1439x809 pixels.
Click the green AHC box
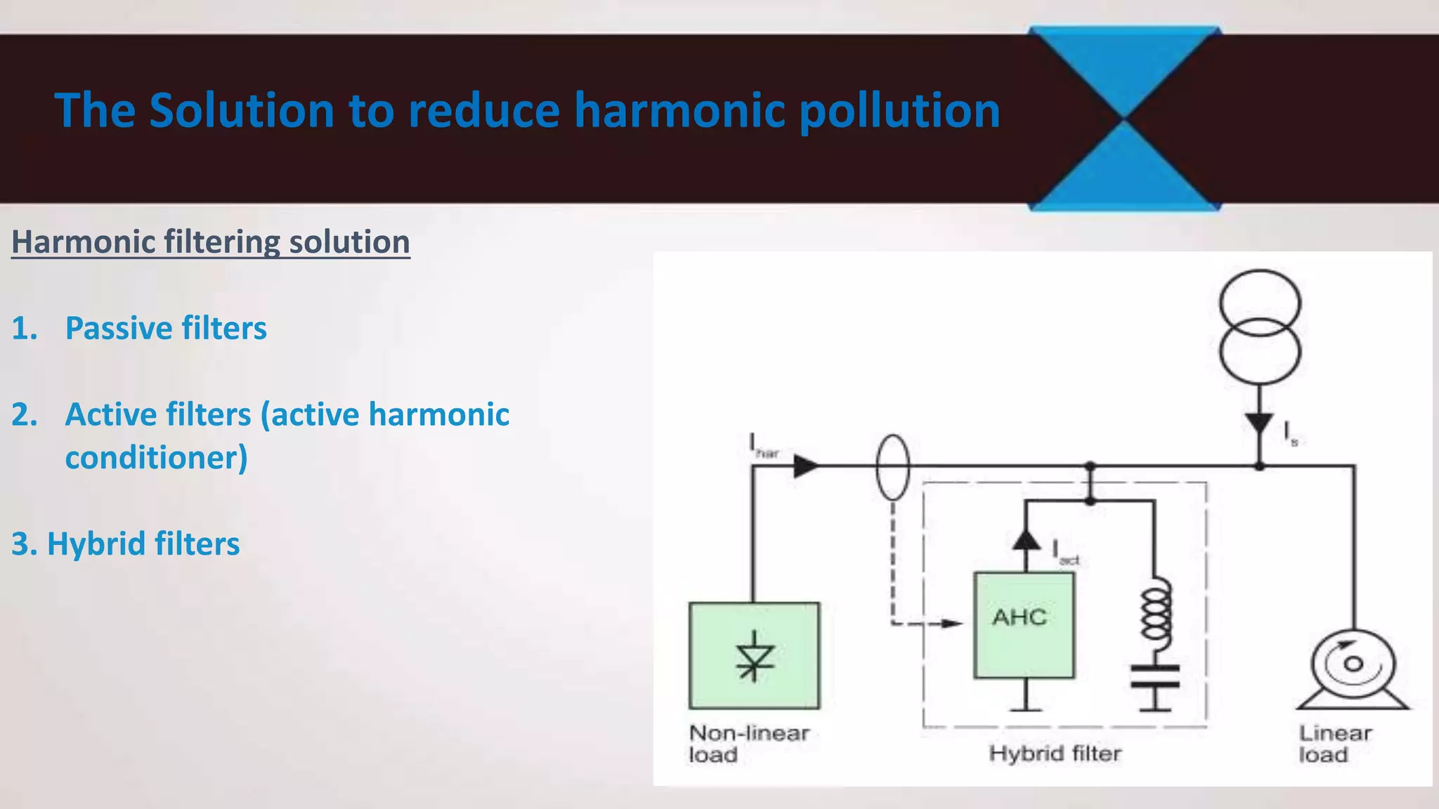(x=1023, y=625)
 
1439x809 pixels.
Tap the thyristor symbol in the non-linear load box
(x=754, y=657)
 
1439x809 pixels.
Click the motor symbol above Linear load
(x=1353, y=667)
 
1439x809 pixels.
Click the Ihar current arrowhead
(x=805, y=466)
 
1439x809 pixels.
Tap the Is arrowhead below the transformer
(x=1259, y=423)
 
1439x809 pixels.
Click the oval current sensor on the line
(x=893, y=467)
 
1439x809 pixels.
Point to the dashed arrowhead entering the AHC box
(x=952, y=623)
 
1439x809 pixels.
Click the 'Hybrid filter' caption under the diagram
(x=1055, y=754)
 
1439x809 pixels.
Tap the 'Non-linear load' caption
(x=748, y=744)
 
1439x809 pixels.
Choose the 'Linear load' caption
(x=1334, y=744)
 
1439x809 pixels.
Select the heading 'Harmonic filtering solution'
(x=211, y=242)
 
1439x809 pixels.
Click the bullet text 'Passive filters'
(x=166, y=328)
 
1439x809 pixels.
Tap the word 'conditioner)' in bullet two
(x=157, y=458)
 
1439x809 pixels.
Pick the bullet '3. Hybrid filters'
(x=126, y=544)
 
